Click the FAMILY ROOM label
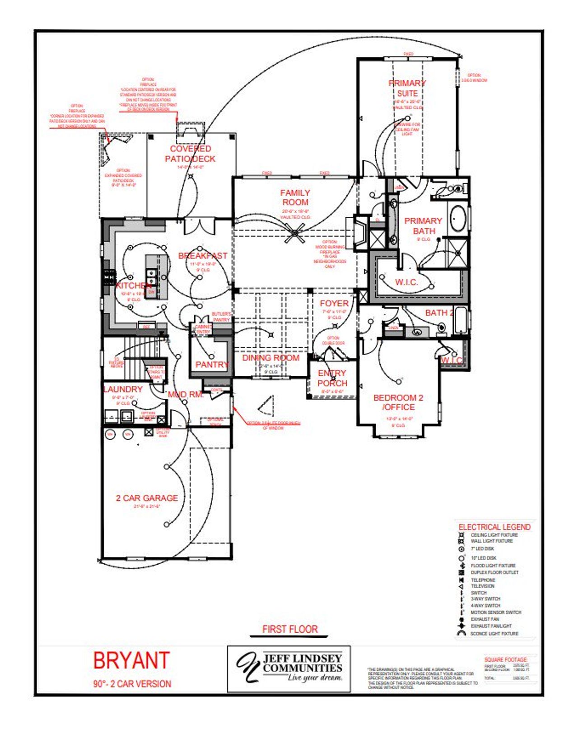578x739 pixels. coord(295,197)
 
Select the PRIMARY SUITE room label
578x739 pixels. coord(407,88)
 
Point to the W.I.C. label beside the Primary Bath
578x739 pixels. coord(406,282)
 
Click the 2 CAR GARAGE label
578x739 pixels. coord(147,498)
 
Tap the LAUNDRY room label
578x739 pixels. coord(123,389)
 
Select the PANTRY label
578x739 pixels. coord(212,364)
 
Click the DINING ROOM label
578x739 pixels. coord(271,358)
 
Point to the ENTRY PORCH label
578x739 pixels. coord(332,378)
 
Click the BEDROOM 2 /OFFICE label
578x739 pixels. coord(398,402)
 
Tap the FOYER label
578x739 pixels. coord(334,303)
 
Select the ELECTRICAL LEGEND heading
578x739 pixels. coord(494,527)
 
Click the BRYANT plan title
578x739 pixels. coord(131,660)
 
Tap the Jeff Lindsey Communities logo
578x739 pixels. coord(289,668)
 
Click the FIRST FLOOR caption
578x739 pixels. coord(290,629)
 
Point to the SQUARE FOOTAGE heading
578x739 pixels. coord(505,659)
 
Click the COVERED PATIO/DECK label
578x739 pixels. coord(190,154)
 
